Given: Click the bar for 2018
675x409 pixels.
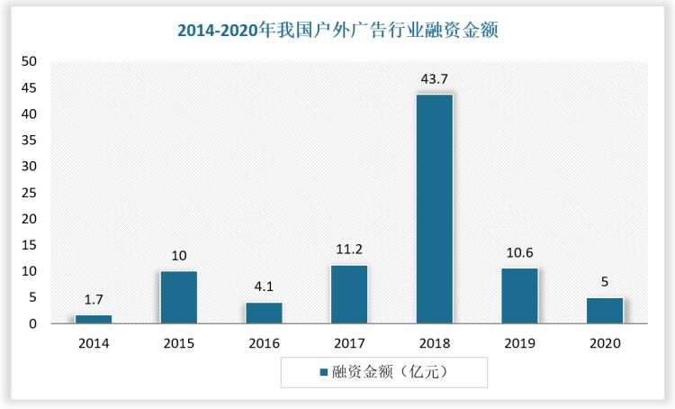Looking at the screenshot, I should [434, 208].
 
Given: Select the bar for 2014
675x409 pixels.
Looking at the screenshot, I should [94, 318].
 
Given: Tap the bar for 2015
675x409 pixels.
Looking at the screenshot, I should [178, 296].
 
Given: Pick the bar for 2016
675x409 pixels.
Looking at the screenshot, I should [264, 312].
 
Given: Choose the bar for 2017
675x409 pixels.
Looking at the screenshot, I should [348, 294].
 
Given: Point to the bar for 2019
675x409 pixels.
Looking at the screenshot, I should [519, 295].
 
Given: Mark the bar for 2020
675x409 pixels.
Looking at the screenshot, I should [604, 310].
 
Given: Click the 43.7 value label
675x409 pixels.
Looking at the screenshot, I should [434, 79].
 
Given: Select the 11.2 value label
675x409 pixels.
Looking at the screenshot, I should [348, 250].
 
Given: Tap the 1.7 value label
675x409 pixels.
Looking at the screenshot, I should [94, 300].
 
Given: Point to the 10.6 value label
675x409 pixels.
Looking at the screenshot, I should [519, 253].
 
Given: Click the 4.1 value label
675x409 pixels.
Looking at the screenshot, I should [264, 287].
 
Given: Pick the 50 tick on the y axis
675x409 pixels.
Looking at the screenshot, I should [30, 62].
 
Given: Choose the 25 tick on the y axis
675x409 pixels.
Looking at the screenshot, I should [30, 193].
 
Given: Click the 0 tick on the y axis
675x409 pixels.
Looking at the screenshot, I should [33, 323].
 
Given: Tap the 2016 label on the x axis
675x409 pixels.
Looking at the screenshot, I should [264, 343].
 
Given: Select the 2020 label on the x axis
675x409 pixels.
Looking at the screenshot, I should [604, 343].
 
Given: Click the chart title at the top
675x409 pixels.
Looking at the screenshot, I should [337, 30].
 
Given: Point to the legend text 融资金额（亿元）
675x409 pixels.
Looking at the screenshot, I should [390, 371].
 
